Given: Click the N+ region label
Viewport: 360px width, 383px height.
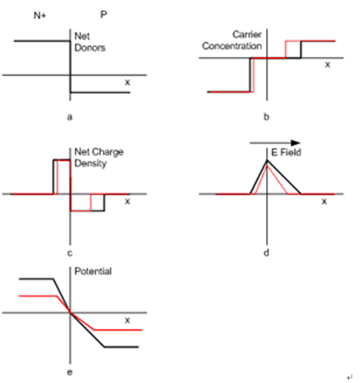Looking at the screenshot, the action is coord(40,16).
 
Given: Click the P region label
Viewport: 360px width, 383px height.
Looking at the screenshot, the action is coord(103,15).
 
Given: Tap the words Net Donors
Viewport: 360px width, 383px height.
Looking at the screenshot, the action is coord(89,42).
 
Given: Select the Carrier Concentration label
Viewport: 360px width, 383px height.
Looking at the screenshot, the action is coord(232,40).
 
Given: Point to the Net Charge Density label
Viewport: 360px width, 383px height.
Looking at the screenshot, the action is coord(99,157).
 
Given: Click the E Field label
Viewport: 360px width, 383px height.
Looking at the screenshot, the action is coord(286,153).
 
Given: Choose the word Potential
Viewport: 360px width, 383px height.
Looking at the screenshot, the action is coord(93,271).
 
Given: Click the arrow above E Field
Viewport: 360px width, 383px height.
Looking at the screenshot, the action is coord(275,142).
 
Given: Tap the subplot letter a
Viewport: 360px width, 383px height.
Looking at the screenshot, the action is coord(69,117).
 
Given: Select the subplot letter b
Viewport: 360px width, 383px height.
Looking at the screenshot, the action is coord(267,117).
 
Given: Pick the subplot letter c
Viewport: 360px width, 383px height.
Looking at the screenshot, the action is coord(70,253).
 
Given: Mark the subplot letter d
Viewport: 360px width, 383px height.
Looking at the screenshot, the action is coord(267,252).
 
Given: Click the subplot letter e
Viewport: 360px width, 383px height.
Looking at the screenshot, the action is coord(70,372).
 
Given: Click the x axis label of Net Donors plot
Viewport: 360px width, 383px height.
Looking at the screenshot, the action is coord(128,83).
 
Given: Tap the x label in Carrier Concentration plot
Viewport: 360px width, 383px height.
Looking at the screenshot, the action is coord(327,65).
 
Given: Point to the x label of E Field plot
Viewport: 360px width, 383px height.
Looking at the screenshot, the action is coord(324,201).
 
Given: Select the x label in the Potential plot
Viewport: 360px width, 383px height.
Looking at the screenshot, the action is coord(128,321).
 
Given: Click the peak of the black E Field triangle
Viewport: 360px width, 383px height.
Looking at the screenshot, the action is coord(267,160).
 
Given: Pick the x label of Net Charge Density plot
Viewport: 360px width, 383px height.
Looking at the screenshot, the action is coord(128,202).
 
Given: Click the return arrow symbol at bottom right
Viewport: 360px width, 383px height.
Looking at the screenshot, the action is coord(350,377).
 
